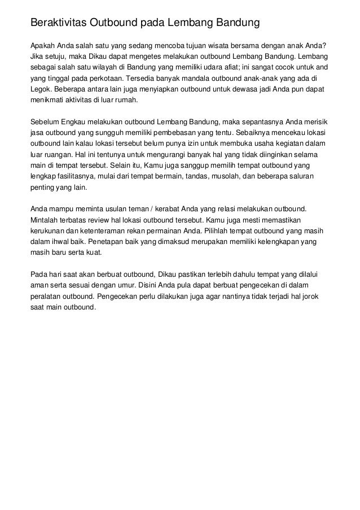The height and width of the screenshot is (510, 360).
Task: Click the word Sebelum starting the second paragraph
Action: point(43,121)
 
